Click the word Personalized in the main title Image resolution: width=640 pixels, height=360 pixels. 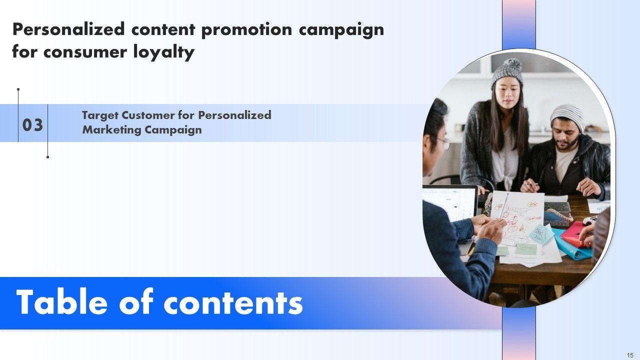pyautogui.click(x=68, y=30)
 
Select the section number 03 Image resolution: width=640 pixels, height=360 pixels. pyautogui.click(x=32, y=125)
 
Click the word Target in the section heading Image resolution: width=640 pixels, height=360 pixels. pyautogui.click(x=100, y=115)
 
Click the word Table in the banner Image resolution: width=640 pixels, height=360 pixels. pyautogui.click(x=61, y=302)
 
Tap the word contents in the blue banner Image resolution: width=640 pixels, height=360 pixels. pyautogui.click(x=233, y=303)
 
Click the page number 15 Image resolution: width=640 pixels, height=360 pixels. pyautogui.click(x=630, y=355)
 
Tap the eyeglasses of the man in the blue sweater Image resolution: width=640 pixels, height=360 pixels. pyautogui.click(x=444, y=143)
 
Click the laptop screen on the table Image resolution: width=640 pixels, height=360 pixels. pyautogui.click(x=449, y=203)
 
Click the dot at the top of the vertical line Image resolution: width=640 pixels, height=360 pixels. pyautogui.click(x=18, y=89)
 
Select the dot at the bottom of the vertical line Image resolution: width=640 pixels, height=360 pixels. pyautogui.click(x=47, y=157)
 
